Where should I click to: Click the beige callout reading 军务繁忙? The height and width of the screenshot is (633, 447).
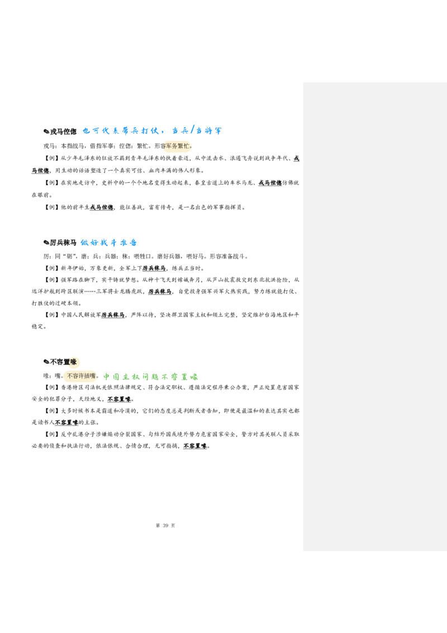point(177,147)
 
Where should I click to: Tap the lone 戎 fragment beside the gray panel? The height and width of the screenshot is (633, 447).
point(296,159)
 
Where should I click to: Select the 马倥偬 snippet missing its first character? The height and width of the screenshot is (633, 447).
point(40,171)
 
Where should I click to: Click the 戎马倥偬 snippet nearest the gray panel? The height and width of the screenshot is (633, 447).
point(270,183)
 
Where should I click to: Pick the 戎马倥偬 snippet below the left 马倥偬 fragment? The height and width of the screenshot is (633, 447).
point(102,207)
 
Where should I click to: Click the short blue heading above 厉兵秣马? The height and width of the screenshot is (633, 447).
point(110,243)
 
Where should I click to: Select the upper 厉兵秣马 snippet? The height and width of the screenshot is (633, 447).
point(154,268)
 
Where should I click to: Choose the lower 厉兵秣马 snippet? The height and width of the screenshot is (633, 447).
point(161,292)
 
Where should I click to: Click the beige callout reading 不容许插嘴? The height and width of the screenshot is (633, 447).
point(80,376)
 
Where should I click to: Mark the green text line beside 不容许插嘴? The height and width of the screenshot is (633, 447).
point(151,377)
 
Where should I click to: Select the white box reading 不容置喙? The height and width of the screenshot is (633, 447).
point(118,400)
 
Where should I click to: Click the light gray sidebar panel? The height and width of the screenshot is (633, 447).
point(373,336)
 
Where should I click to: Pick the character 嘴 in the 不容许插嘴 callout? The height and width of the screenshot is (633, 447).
point(92,376)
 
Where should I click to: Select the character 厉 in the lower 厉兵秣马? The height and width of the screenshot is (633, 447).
point(151,292)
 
